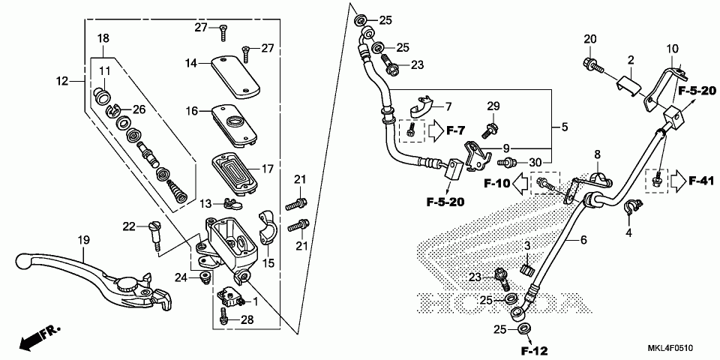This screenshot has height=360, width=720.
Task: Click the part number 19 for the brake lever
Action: pos(83,240)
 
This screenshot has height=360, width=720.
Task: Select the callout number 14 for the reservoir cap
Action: pos(192,64)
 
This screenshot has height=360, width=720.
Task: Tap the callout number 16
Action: pos(192,111)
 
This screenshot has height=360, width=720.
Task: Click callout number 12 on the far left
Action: pos(62,80)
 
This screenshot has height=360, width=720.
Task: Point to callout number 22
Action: pos(128,226)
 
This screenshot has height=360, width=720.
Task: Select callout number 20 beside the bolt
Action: pos(589,39)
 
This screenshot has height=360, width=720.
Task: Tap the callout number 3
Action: pos(527,245)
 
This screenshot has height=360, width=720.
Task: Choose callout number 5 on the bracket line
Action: pos(564,127)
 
